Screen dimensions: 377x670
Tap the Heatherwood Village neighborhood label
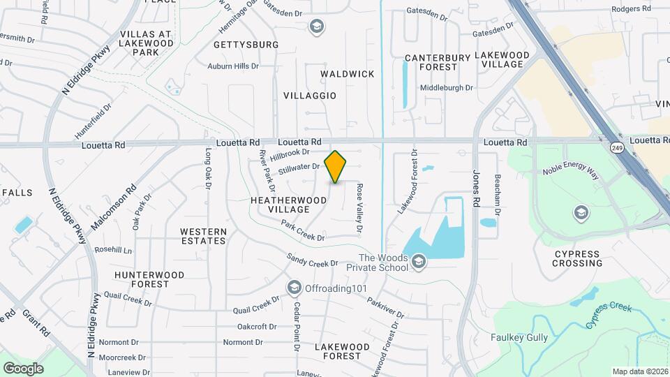click(289, 205)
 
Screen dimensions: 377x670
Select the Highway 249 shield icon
click(616, 147)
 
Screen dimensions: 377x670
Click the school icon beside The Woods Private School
click(419, 262)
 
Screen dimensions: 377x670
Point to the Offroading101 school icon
click(294, 288)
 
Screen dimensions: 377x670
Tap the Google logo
click(23, 368)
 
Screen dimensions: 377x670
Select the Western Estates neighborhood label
click(203, 236)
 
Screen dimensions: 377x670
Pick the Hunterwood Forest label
click(150, 279)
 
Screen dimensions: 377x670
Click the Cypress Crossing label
click(577, 258)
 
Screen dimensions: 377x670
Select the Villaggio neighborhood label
click(310, 95)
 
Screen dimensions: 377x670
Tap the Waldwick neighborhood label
click(348, 73)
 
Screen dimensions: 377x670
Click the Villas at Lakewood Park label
click(145, 43)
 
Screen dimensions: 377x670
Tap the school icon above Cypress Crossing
click(581, 212)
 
